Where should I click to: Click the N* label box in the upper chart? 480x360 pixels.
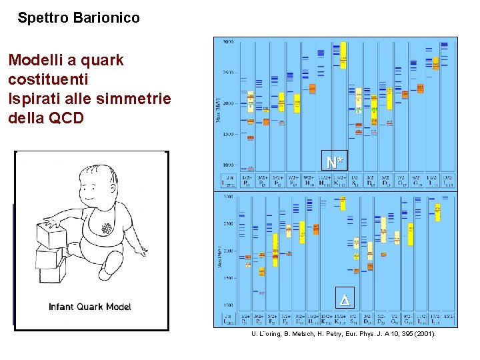(335, 161)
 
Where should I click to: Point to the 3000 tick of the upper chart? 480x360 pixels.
(227, 42)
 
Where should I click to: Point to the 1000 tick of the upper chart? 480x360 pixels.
(227, 165)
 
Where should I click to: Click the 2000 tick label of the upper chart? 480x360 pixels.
(227, 103)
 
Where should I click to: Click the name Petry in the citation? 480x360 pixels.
(331, 333)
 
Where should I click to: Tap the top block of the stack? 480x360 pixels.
(51, 234)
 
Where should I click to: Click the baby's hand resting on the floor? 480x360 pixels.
(142, 251)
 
